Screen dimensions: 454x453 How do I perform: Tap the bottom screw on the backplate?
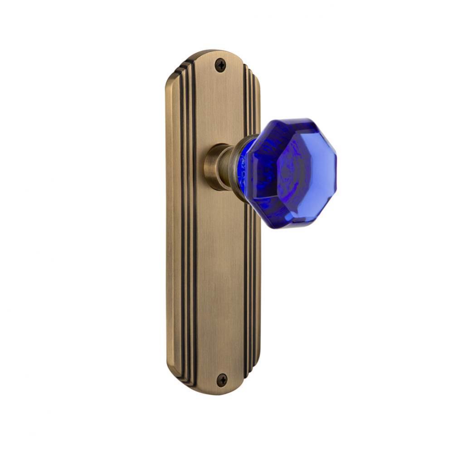[221, 380]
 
